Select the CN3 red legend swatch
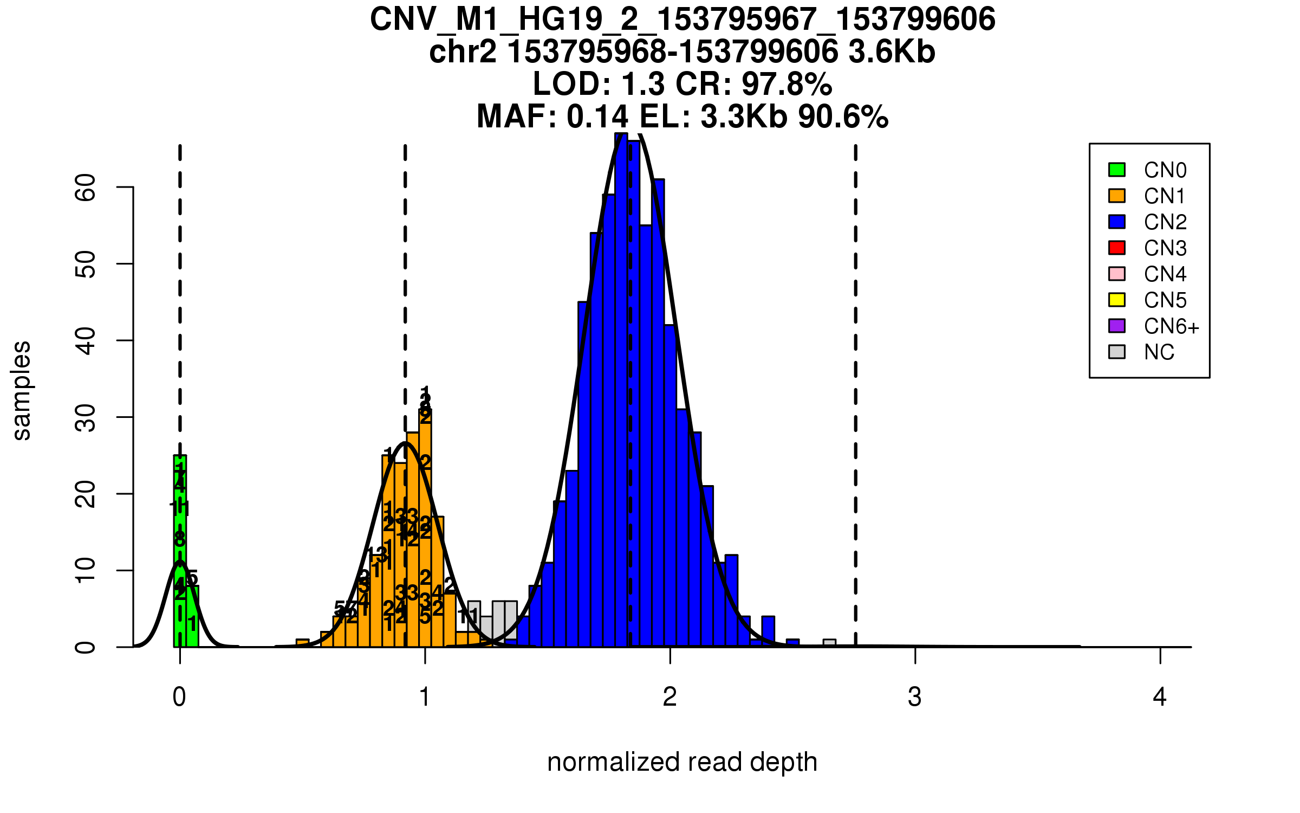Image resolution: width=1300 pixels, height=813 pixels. point(1117,248)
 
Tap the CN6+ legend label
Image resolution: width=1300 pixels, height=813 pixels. point(1171,326)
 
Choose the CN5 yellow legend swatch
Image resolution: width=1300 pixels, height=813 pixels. point(1117,300)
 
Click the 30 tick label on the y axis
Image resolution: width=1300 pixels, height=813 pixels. point(86,417)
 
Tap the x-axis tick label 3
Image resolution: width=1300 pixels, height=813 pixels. point(915,697)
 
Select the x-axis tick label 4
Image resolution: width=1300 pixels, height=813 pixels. point(1160,697)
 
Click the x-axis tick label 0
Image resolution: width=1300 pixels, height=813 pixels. point(179,697)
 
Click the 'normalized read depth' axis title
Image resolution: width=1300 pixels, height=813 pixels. point(682,762)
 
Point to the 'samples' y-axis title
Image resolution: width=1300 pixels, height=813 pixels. point(22,391)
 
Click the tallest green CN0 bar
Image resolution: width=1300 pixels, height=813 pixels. point(180,550)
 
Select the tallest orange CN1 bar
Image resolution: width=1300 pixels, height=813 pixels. point(425,528)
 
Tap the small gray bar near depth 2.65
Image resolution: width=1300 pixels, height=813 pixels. point(829,643)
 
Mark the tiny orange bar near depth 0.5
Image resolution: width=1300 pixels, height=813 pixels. point(302,643)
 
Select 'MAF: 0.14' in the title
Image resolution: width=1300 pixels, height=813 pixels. point(552,117)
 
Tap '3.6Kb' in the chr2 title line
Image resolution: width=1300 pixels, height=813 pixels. point(892,52)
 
